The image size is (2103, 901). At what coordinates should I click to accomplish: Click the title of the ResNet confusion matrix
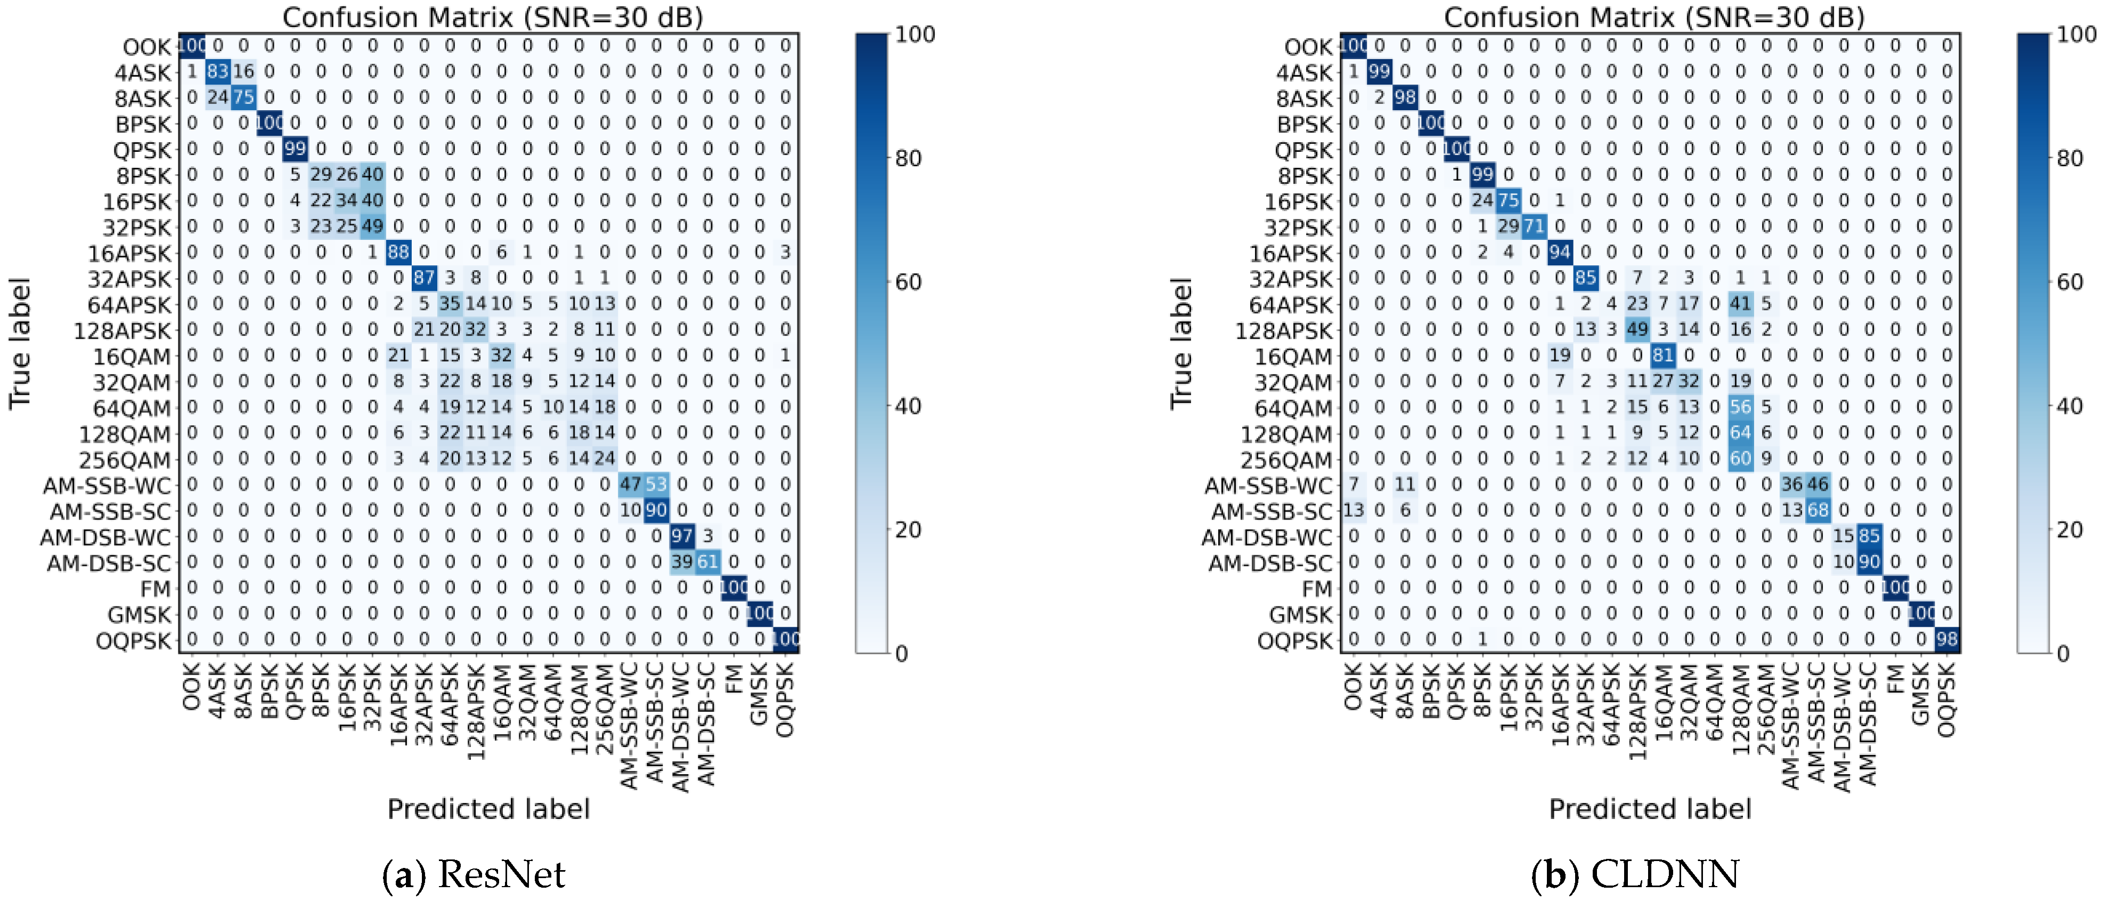492,17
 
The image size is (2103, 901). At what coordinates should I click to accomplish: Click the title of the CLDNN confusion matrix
1654,17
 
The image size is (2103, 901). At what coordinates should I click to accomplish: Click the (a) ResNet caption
474,874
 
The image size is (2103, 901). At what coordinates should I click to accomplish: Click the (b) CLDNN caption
1635,874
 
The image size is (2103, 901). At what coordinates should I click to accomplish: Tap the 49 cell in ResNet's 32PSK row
372,226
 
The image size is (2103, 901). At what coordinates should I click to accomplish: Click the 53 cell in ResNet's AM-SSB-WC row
656,484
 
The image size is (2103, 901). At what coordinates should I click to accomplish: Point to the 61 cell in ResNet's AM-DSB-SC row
708,562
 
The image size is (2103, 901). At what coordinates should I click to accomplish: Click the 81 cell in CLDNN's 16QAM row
1663,355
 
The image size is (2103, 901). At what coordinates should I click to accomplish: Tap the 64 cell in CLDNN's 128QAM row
1741,433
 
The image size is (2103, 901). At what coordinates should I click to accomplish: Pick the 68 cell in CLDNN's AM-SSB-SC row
1818,510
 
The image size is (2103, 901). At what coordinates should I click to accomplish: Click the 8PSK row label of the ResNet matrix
144,176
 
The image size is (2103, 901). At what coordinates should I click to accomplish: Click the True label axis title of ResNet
20,343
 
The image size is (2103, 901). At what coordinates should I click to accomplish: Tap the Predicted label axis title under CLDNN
1650,809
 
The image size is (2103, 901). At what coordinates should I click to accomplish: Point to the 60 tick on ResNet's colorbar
908,282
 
